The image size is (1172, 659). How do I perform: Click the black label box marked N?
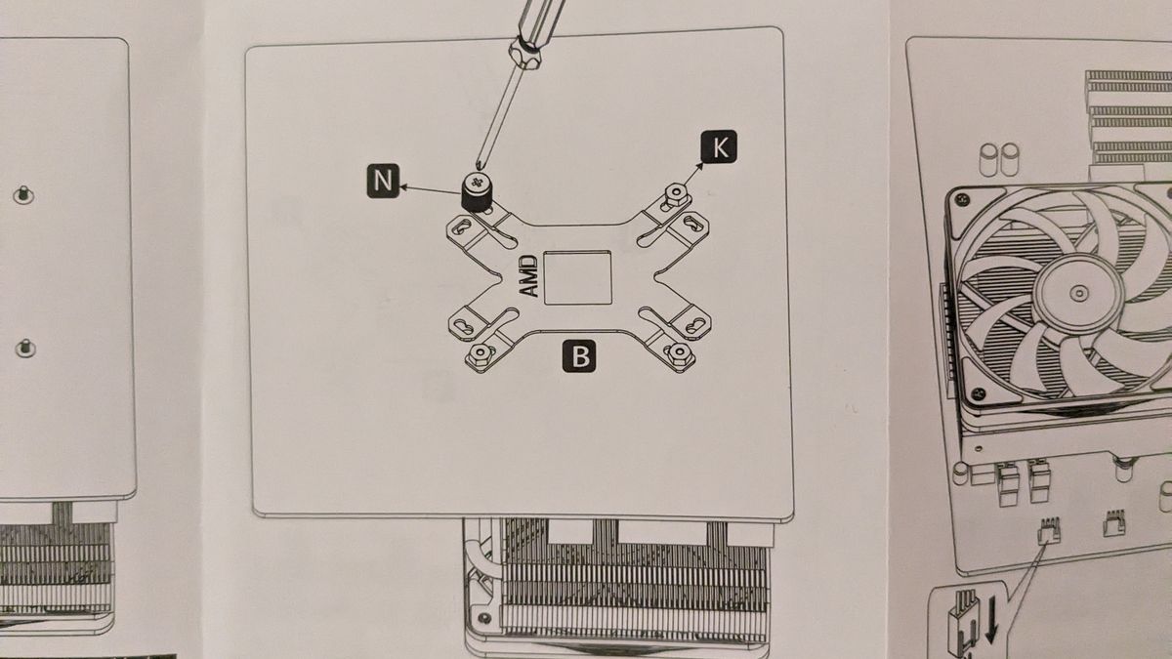click(383, 181)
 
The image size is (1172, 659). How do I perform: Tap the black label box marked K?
click(719, 146)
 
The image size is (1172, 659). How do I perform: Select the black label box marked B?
click(579, 356)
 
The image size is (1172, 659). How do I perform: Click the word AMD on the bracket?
click(529, 276)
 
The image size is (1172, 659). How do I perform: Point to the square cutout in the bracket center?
click(577, 277)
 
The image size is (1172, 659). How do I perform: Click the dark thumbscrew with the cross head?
click(477, 191)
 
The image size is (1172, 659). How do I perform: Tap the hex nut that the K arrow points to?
click(675, 196)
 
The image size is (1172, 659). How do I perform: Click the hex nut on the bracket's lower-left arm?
click(480, 355)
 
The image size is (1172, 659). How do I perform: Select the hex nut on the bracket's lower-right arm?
click(679, 354)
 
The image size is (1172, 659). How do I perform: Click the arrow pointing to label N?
click(430, 189)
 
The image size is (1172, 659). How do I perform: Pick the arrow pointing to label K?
click(693, 174)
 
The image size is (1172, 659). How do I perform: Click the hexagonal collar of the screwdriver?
click(525, 53)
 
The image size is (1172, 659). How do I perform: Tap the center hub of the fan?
click(1079, 294)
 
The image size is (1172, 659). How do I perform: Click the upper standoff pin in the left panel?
click(22, 195)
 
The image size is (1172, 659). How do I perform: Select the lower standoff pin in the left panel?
click(25, 349)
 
